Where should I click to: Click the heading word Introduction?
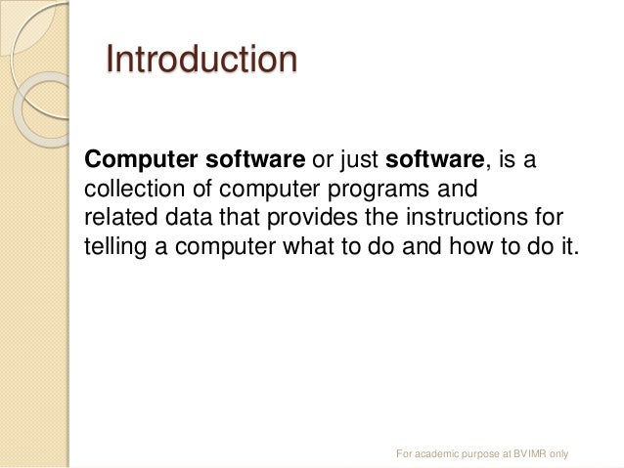[201, 60]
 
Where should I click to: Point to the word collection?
[129, 187]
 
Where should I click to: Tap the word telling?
[113, 243]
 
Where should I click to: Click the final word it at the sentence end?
[569, 243]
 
